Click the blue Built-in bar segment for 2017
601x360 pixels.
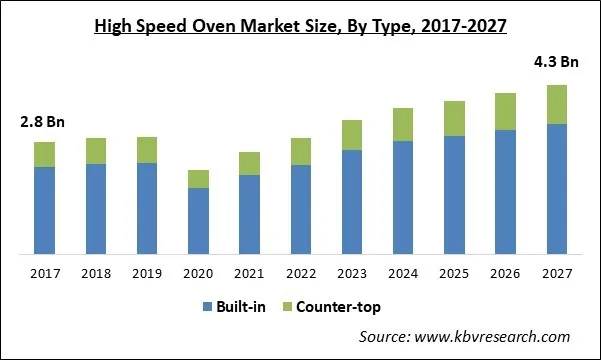pos(44,210)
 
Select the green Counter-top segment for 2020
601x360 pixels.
pos(198,179)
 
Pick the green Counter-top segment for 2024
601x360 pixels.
pos(403,124)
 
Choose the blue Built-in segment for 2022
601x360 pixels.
pos(301,208)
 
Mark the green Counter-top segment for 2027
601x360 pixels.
pos(557,104)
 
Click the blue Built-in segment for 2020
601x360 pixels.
pos(198,220)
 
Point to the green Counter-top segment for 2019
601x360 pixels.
pos(147,150)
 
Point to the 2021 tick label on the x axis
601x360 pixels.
pos(249,273)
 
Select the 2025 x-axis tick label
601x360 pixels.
pos(454,273)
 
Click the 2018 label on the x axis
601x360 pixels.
pos(96,273)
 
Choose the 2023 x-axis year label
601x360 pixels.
pos(352,273)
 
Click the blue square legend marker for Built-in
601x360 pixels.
pos(208,307)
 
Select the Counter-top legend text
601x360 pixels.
pos(338,307)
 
